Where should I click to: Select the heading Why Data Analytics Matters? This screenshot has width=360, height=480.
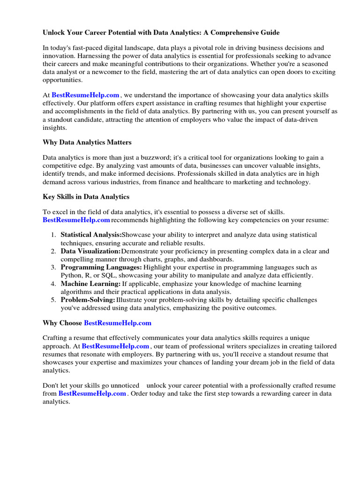(x=87, y=142)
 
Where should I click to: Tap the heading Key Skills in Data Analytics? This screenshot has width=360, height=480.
(x=86, y=196)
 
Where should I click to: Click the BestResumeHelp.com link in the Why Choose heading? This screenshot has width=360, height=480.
(x=118, y=323)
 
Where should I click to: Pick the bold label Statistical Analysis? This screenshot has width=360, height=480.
(x=91, y=234)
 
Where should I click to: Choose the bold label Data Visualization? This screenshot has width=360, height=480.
(x=90, y=251)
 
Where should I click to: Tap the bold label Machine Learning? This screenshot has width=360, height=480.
(x=90, y=284)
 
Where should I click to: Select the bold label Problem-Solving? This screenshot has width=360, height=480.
(x=88, y=300)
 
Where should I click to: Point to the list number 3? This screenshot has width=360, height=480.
(x=53, y=267)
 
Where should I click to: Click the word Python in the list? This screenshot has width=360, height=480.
(x=71, y=276)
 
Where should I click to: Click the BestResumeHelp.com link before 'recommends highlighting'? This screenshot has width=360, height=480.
(x=76, y=220)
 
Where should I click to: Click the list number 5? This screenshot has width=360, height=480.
(x=53, y=300)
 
